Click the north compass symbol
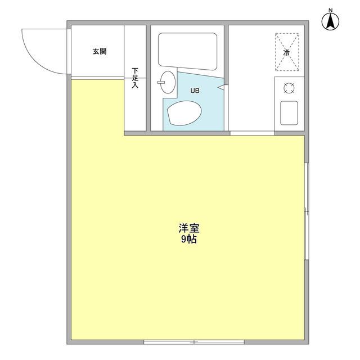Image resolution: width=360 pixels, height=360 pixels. pos(331,22)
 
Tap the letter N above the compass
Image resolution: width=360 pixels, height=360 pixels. pos(331,10)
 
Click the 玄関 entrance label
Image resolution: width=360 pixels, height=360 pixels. pos(100,51)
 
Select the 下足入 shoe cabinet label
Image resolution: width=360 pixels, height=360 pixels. pos(135,78)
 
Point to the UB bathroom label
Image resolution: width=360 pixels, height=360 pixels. pos(194,90)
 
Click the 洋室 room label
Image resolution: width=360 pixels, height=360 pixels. pos(190,228)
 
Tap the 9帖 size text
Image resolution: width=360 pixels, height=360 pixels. pos(190,238)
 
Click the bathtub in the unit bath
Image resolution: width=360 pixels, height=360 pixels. pos(187,51)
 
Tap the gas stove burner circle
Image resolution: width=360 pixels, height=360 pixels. pos(289,87)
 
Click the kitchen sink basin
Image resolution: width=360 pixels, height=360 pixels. pos(289,112)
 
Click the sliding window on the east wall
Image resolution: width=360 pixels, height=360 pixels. pos(306,211)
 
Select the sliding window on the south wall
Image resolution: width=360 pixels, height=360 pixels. pos(194,341)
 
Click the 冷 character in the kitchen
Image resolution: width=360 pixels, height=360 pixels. pos(287,52)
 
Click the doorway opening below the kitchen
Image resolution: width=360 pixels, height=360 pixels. pos(252,133)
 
